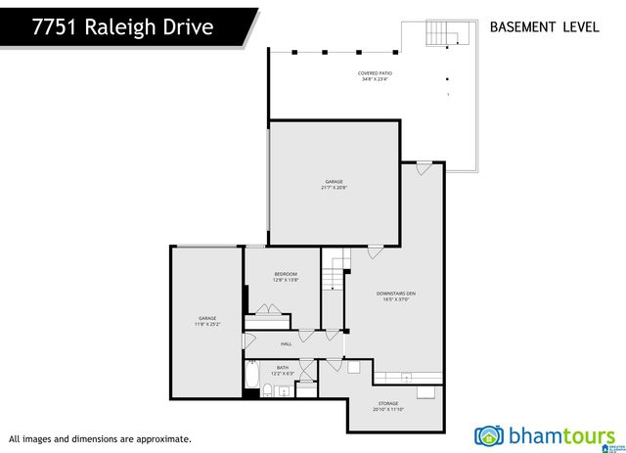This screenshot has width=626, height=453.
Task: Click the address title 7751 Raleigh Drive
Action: point(122,26)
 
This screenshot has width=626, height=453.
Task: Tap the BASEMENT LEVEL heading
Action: point(544,27)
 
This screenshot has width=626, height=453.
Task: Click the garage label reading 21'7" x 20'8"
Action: point(335,184)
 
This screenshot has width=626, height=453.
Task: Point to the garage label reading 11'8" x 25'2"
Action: point(207,321)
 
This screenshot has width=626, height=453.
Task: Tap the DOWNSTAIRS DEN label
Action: point(396,297)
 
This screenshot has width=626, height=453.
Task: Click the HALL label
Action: point(287,343)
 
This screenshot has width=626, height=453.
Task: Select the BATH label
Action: point(282,370)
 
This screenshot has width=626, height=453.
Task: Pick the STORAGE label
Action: point(388,406)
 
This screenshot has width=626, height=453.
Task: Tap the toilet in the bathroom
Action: point(267,392)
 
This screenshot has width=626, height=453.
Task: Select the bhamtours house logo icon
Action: point(489,435)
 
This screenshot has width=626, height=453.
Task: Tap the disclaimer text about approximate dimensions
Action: point(100,439)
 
